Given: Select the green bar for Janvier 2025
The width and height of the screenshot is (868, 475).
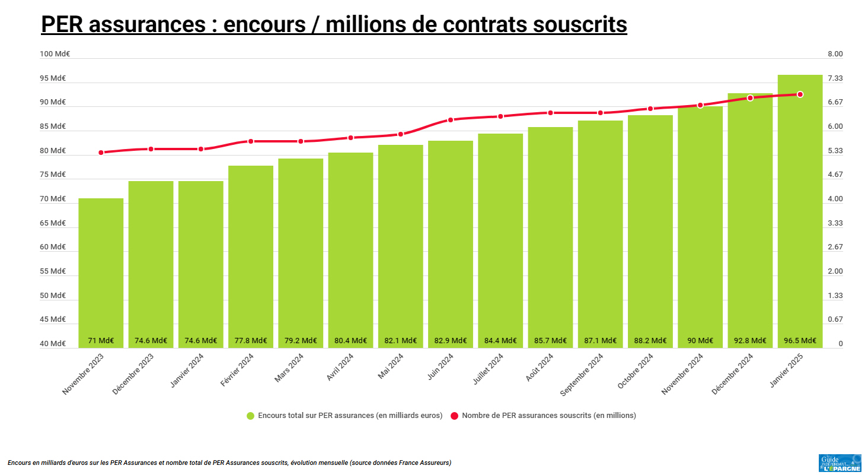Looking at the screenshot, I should coord(800,208).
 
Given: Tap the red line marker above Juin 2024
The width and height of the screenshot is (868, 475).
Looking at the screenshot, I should coord(451,120).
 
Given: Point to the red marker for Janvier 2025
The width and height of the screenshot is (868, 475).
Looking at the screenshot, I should coord(800,94).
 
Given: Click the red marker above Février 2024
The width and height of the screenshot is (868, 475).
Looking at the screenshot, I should coord(251,141).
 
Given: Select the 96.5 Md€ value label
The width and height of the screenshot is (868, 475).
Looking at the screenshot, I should coord(800,341).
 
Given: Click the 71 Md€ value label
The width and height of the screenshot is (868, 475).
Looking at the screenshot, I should coord(101,341).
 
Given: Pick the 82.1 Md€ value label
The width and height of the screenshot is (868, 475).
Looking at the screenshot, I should coord(400,341).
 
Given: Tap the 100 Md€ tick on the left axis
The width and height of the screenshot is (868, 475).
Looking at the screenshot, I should coord(55,54).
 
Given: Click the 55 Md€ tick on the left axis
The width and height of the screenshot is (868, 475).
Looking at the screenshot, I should coord(53,271).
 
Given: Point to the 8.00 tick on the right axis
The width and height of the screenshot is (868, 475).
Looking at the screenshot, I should coord(835,54).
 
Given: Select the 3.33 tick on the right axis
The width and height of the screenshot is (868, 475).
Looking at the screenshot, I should coord(835,223).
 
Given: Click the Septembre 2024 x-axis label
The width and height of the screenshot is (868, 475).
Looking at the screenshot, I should coord(582,375).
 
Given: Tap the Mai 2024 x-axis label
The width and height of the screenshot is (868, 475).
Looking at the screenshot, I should coord(391,368).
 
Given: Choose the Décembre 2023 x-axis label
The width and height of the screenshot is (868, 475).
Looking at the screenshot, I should coord(133,374).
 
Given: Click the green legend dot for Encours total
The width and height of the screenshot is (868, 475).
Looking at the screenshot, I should coord(250,416).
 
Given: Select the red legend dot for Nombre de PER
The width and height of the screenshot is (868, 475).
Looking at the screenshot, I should coord(455,416).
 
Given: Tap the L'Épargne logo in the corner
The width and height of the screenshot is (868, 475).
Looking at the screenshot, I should coord(840,463).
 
